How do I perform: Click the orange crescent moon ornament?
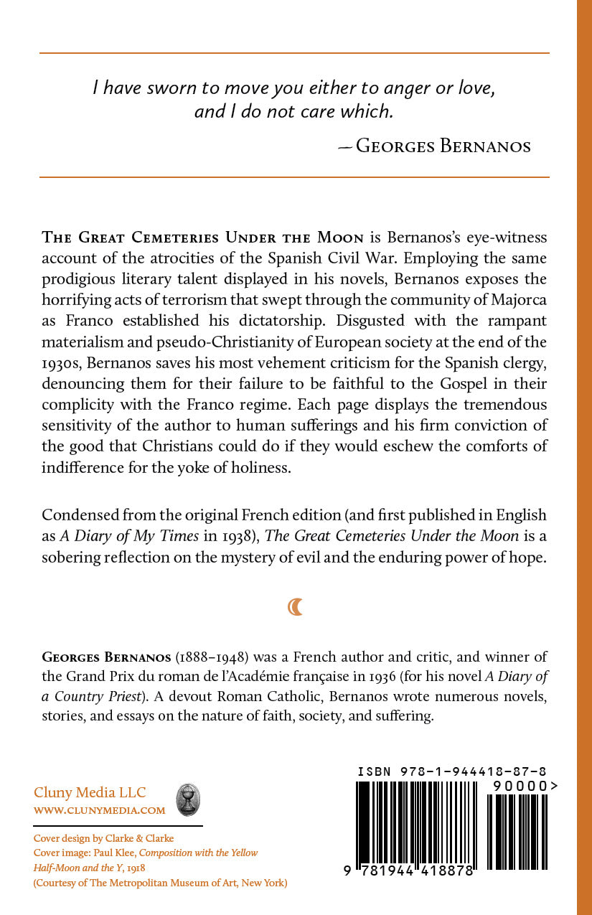295,607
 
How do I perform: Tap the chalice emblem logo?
188,799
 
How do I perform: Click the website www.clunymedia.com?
100,810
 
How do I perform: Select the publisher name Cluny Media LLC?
90,792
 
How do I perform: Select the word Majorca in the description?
519,299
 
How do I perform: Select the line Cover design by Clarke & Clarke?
104,837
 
